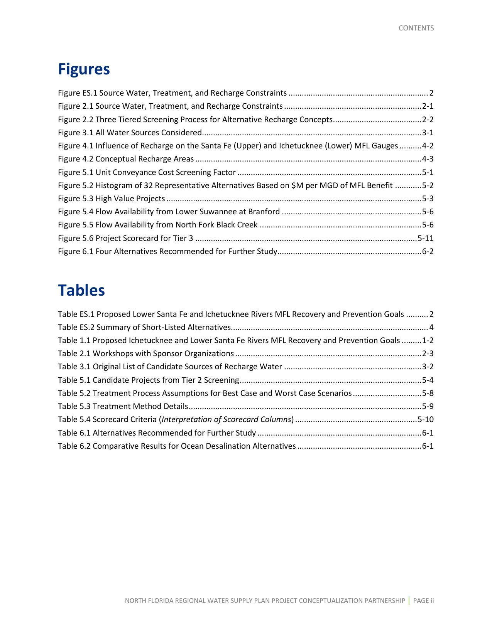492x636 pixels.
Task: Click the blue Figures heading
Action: (84, 69)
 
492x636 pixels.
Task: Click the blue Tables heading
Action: (81, 290)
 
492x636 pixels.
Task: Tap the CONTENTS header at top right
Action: (416, 28)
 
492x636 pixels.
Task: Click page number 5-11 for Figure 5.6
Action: (425, 238)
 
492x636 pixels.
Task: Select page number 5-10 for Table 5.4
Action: (425, 419)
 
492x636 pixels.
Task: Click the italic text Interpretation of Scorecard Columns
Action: (227, 419)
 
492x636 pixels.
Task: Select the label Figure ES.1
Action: (78, 93)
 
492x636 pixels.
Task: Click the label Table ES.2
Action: (76, 327)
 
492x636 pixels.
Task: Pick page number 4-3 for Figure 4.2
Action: (428, 159)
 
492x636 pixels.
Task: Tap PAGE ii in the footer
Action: (423, 601)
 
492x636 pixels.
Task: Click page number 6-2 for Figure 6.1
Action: (428, 251)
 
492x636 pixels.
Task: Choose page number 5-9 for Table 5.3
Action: (428, 406)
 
